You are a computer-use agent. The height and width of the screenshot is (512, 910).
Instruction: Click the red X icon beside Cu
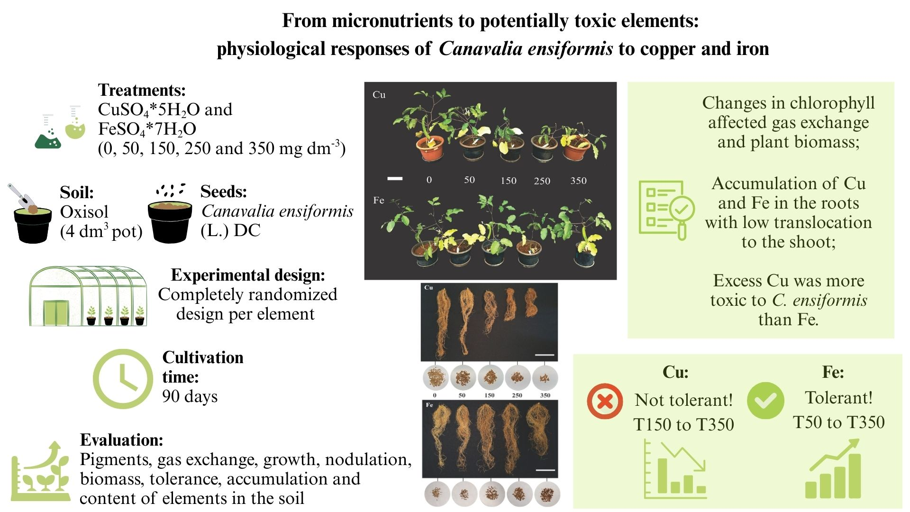[605, 401]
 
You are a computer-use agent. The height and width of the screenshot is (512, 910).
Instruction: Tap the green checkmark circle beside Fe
[765, 401]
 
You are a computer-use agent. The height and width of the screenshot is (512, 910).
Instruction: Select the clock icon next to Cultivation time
[122, 379]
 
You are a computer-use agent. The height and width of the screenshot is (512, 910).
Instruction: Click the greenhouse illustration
[88, 296]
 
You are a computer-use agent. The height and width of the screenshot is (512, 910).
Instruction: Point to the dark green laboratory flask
[48, 137]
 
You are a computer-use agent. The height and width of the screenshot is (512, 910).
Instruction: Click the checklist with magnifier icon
[666, 210]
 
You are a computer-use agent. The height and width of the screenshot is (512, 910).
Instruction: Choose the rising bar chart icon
[833, 469]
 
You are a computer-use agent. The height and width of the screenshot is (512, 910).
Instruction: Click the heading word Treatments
[142, 90]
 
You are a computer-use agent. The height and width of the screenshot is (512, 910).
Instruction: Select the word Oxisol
[84, 212]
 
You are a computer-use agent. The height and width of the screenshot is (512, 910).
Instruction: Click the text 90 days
[190, 396]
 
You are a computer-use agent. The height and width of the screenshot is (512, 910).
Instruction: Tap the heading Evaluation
[121, 440]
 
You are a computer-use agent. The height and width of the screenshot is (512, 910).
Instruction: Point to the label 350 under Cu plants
[578, 181]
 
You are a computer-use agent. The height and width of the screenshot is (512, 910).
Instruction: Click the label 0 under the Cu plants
[429, 180]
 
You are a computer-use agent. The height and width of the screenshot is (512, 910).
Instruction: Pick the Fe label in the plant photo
[378, 200]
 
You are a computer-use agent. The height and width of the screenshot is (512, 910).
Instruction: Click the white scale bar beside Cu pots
[395, 179]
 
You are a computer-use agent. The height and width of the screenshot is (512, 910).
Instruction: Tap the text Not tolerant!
[683, 400]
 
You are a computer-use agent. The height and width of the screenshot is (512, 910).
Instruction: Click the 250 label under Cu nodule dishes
[517, 395]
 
